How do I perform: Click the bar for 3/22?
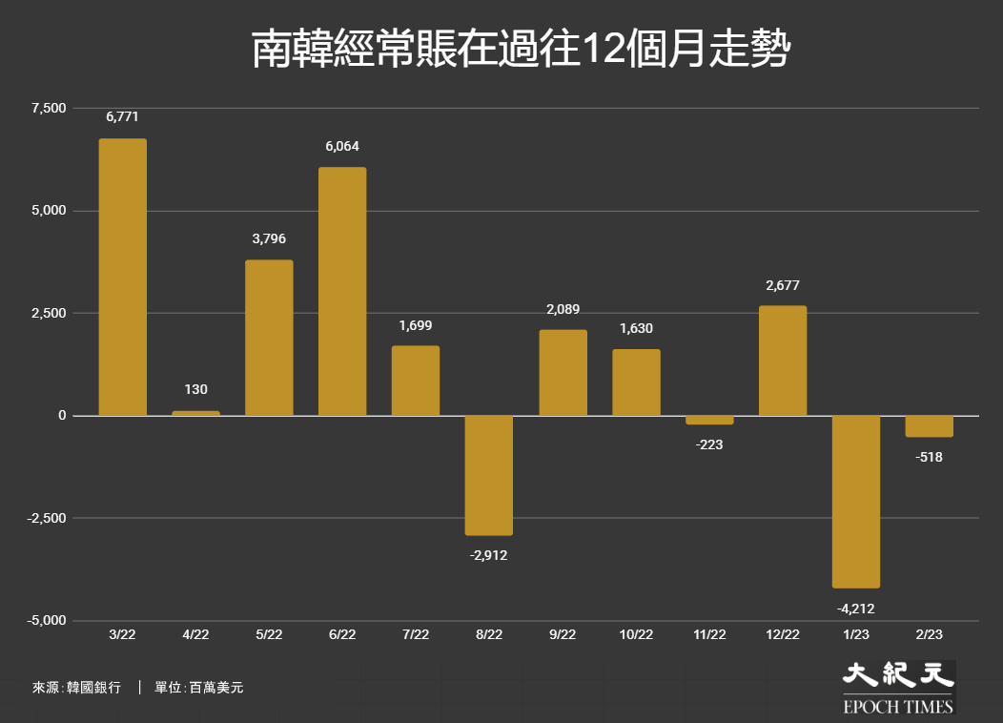click(x=123, y=277)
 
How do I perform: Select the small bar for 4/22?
click(x=195, y=413)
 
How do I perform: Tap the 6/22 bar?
click(x=342, y=291)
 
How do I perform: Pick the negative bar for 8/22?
click(x=489, y=475)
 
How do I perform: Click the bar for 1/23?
click(x=856, y=502)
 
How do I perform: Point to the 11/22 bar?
click(x=709, y=421)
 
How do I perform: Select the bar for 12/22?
click(x=783, y=361)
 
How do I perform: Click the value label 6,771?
click(x=122, y=117)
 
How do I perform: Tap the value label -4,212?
click(x=856, y=609)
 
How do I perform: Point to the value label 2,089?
click(x=563, y=310)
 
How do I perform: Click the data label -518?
click(x=929, y=458)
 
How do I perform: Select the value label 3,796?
click(x=269, y=239)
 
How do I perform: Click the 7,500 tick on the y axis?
click(x=49, y=108)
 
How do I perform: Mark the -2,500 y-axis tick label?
click(x=46, y=518)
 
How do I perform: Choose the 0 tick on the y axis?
click(x=62, y=416)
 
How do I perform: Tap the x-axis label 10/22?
click(x=636, y=634)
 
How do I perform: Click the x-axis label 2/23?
click(x=929, y=634)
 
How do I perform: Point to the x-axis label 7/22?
click(x=416, y=634)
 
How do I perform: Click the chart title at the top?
click(x=522, y=49)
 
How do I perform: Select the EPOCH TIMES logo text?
click(x=898, y=707)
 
